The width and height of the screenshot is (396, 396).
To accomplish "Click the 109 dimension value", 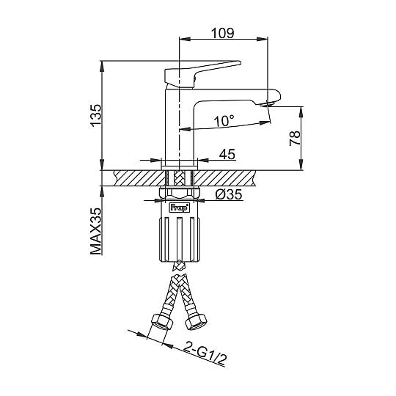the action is point(223,33).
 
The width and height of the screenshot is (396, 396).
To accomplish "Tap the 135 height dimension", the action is point(96,115).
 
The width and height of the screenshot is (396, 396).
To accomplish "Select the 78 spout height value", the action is point(295,138).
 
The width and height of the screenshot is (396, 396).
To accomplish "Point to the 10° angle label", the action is point(224,121).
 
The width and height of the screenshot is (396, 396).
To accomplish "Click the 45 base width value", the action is point(227,154).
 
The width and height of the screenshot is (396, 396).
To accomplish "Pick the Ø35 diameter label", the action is point(229,194).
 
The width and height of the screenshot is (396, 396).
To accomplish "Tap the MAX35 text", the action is point(96,231).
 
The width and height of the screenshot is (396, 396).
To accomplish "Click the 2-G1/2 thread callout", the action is point(205,353).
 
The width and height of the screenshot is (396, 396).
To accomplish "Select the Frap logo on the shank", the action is point(179,208).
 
